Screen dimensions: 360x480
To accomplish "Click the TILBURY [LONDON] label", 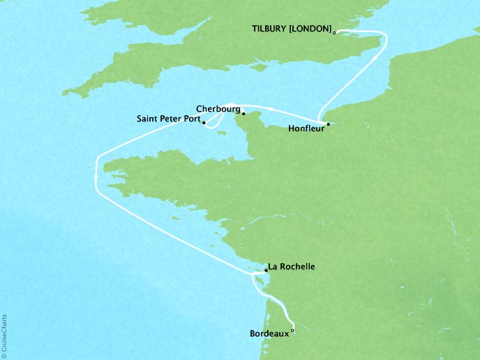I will coord(290,29).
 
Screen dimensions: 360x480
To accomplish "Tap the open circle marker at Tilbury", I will coord(335,32).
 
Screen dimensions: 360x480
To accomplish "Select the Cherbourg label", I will coord(218,110).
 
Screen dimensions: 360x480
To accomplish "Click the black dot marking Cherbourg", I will coord(243,113).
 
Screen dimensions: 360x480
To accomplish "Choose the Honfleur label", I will coord(305,128).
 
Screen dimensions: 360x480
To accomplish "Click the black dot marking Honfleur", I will coord(328,124).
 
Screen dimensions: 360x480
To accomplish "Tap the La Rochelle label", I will coord(292,267).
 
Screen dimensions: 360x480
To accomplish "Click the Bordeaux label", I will coord(269,334).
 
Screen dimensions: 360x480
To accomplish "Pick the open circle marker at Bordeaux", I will coord(292,332).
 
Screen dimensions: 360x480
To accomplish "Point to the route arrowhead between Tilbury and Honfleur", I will coord(376,59).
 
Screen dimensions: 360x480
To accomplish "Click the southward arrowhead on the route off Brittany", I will coord(96,181).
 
